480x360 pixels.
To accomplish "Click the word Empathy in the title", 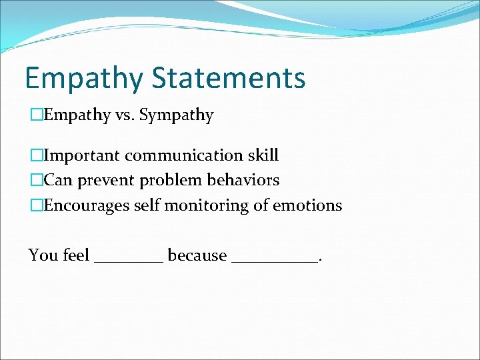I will (83, 78).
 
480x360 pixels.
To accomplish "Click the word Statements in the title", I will (229, 77).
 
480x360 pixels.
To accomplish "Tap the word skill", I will (261, 156).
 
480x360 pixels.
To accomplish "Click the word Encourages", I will (87, 205).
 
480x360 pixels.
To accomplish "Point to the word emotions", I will (310, 205).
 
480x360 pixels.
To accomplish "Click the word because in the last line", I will (197, 255).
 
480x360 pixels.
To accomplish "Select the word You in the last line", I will (43, 255).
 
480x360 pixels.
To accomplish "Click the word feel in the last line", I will (77, 255).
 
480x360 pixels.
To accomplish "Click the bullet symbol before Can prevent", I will (35, 181).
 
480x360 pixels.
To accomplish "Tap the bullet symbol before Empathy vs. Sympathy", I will (35, 115).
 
